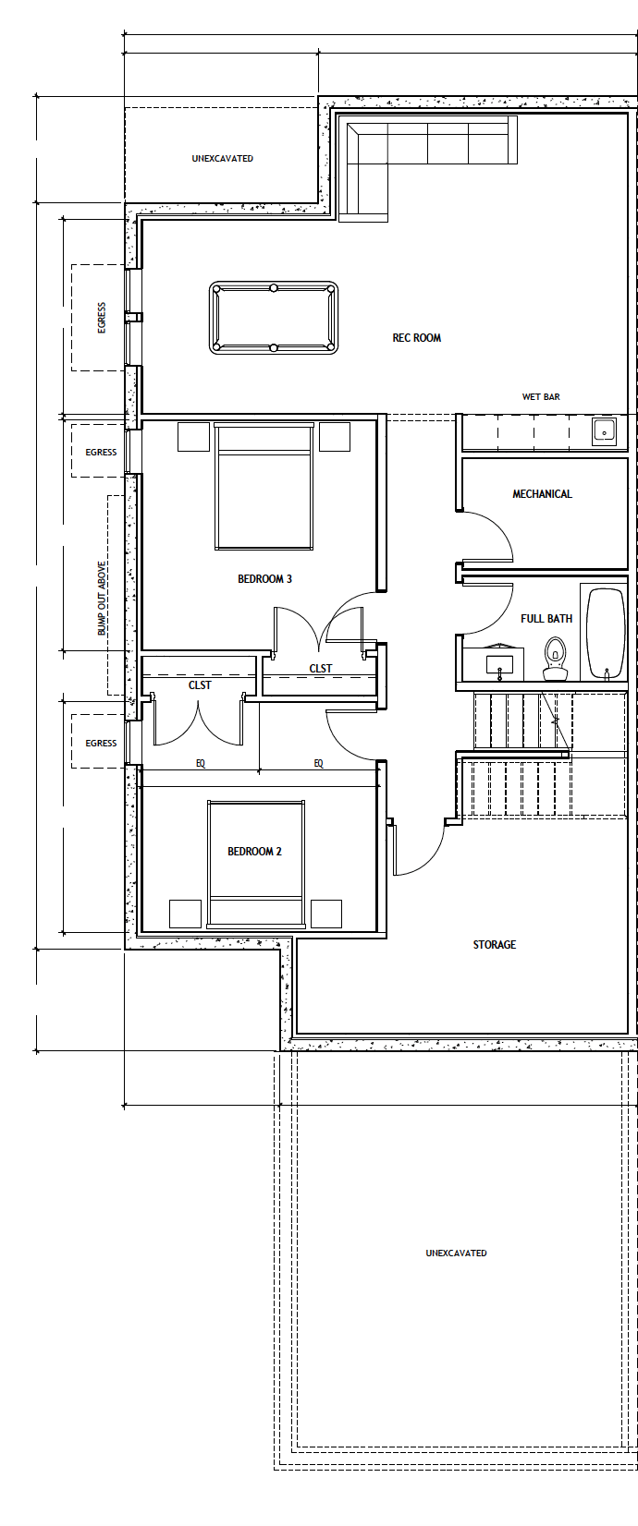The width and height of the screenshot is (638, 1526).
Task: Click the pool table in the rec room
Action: click(x=274, y=318)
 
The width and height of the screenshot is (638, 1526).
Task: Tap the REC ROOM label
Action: click(x=416, y=338)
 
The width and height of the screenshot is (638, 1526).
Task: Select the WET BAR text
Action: click(x=541, y=396)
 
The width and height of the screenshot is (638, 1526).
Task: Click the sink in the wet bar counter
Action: click(x=605, y=432)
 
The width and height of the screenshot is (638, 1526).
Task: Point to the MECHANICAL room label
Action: click(x=542, y=494)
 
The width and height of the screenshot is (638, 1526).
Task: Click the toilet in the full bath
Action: click(x=556, y=660)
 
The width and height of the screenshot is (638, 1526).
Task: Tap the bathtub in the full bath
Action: click(x=606, y=634)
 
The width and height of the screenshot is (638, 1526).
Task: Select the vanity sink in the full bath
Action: click(x=500, y=663)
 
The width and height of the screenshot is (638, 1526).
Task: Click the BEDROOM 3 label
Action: click(x=264, y=579)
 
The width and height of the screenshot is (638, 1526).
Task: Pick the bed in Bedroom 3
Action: click(x=264, y=487)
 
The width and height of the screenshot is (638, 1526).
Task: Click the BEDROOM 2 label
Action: click(x=254, y=852)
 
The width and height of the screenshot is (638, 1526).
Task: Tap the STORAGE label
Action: click(x=494, y=945)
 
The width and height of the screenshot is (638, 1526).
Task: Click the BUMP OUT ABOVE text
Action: click(x=103, y=599)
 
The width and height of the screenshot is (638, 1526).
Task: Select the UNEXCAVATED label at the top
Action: click(x=222, y=159)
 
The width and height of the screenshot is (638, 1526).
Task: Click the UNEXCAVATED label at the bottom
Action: click(x=456, y=1253)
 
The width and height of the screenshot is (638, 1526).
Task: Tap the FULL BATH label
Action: click(x=546, y=619)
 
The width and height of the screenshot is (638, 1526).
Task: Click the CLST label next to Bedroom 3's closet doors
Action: click(x=320, y=668)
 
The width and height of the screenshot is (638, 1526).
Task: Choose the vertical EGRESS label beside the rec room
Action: click(x=102, y=318)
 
